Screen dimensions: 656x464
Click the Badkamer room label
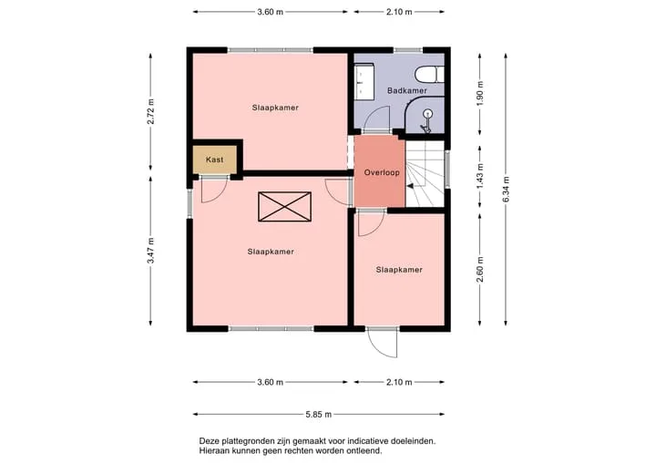click(x=407, y=90)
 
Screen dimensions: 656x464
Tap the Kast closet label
click(x=215, y=160)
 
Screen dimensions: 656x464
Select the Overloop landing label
click(x=382, y=172)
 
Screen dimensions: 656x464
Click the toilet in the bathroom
click(x=429, y=75)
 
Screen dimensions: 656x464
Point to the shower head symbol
click(x=426, y=120)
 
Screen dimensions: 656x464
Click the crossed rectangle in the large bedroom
click(x=284, y=206)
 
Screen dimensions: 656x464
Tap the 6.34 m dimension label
click(x=506, y=190)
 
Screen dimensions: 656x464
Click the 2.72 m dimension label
click(x=150, y=111)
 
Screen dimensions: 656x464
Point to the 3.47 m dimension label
click(x=150, y=251)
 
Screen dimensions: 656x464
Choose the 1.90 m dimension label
click(x=480, y=93)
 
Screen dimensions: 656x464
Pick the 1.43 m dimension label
click(x=480, y=176)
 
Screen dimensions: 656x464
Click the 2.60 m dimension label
click(x=480, y=269)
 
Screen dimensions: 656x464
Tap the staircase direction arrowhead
click(x=410, y=186)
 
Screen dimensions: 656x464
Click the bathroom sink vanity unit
click(x=364, y=82)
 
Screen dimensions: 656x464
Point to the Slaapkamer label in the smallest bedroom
click(x=399, y=270)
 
